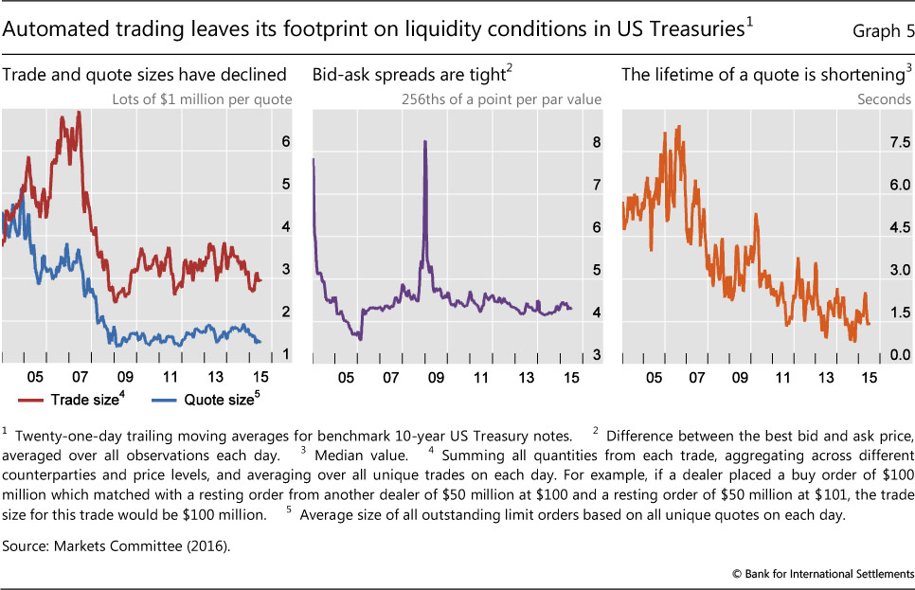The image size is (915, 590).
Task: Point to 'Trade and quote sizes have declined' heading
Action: [144, 74]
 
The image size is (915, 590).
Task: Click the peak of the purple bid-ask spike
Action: [424, 141]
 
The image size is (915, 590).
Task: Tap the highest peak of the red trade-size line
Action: [79, 112]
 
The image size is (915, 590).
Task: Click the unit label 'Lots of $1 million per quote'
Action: [216, 98]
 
